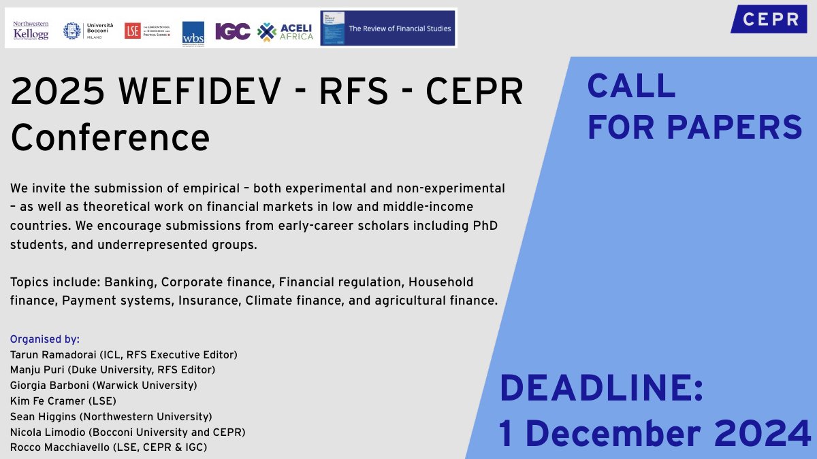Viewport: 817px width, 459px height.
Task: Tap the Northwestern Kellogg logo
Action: (31, 30)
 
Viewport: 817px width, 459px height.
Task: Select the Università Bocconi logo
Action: (83, 31)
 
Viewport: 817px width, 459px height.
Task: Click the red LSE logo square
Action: (132, 31)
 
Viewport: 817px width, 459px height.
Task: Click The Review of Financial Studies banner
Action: (387, 29)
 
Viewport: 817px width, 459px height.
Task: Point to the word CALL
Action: (631, 86)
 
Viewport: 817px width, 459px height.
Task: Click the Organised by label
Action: (45, 339)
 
